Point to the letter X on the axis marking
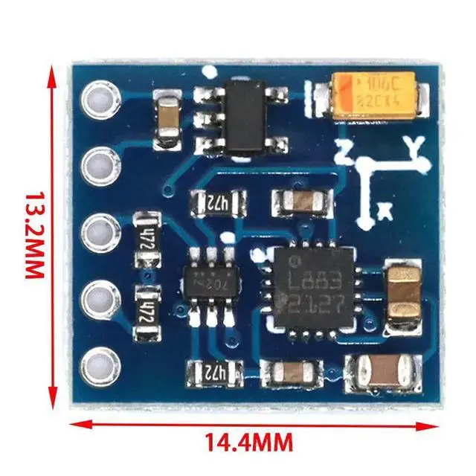[x=385, y=212]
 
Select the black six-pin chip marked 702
[x=211, y=283]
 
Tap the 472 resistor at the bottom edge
[x=215, y=370]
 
